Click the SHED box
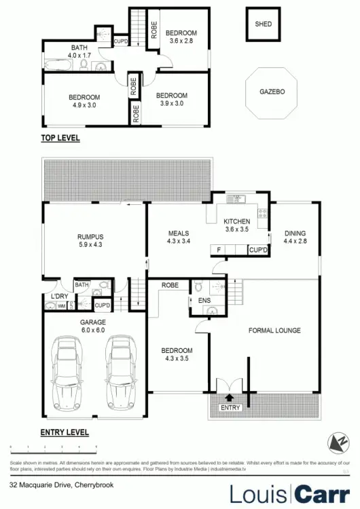263,24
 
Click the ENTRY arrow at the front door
228,399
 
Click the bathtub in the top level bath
60,64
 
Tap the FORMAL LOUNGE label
274,331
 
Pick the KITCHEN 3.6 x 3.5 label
237,225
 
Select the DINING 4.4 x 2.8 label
295,237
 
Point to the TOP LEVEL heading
60,138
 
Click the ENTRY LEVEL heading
65,432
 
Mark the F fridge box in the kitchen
218,250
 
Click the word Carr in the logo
323,493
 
